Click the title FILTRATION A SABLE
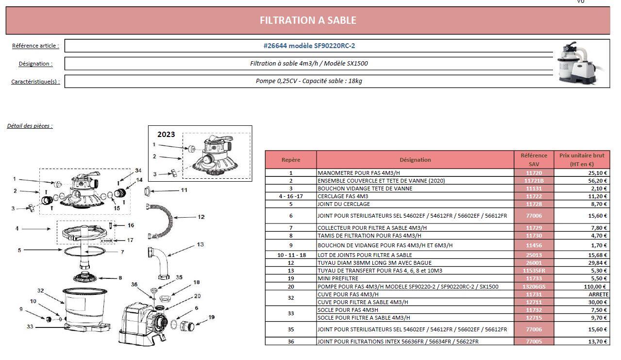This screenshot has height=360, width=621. pyautogui.click(x=308, y=20)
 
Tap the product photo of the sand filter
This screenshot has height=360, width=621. pyautogui.click(x=581, y=63)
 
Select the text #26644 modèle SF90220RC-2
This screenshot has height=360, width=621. pyautogui.click(x=309, y=46)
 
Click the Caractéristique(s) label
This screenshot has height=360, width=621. pyautogui.click(x=35, y=81)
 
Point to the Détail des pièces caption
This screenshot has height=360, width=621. pyautogui.click(x=30, y=126)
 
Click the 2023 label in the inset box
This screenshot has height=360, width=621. pyautogui.click(x=166, y=135)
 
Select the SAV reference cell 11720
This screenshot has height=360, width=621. pyautogui.click(x=533, y=172)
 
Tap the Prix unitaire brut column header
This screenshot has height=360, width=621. pyautogui.click(x=581, y=160)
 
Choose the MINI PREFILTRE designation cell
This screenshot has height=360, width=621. pyautogui.click(x=415, y=278)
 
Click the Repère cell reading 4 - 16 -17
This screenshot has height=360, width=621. pyautogui.click(x=290, y=196)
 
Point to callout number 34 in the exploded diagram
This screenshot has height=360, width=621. pyautogui.click(x=138, y=171)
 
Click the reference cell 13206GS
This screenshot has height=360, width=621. pyautogui.click(x=533, y=286)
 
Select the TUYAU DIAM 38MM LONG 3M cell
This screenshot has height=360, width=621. pyautogui.click(x=415, y=262)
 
